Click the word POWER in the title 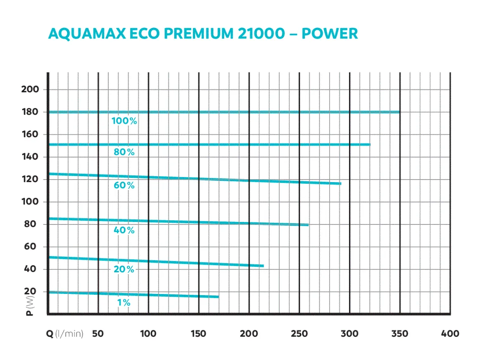330,34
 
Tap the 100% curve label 124,121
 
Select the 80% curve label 124,152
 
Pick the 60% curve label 124,186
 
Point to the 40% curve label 124,230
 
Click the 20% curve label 124,269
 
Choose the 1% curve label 124,303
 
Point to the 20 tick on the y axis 34,292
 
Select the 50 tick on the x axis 98,334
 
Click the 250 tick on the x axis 299,334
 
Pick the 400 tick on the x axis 450,334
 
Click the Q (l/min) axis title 65,334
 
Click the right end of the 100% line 399,112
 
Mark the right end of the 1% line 218,296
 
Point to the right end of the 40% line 308,225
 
